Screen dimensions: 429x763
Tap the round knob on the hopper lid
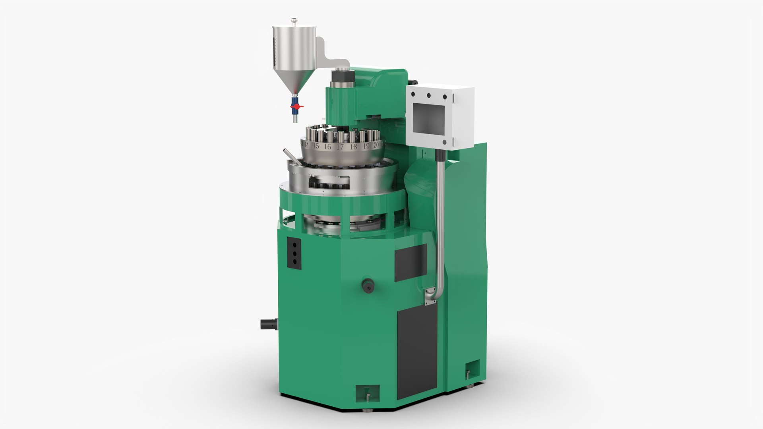[x=293, y=19]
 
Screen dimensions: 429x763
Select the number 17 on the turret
[x=340, y=147]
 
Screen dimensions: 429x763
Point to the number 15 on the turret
[x=316, y=146]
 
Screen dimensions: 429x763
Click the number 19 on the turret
[x=366, y=146]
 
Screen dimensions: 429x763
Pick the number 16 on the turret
[x=327, y=147]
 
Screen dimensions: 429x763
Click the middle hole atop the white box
[x=429, y=95]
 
